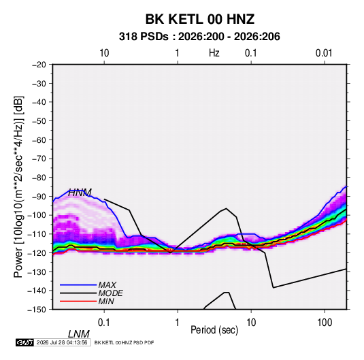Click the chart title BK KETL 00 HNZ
(x=199, y=19)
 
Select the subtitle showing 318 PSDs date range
(x=199, y=37)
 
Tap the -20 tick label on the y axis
(x=39, y=65)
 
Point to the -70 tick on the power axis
(x=39, y=159)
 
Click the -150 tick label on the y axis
(x=37, y=310)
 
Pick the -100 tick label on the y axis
(x=37, y=215)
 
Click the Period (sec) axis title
(x=214, y=330)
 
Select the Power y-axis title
(x=18, y=187)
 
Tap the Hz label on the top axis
(x=214, y=53)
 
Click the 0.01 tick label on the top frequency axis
(x=324, y=53)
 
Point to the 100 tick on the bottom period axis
(x=325, y=323)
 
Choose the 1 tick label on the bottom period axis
(x=177, y=323)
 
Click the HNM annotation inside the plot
(x=80, y=193)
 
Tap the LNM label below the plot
(x=78, y=334)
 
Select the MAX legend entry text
(x=107, y=284)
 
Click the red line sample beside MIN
(x=78, y=301)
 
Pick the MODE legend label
(x=110, y=293)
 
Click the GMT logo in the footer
(x=24, y=342)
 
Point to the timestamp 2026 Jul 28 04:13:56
(x=62, y=342)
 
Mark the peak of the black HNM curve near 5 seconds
(x=226, y=208)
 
